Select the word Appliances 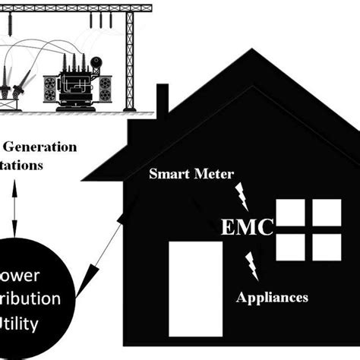click(272, 297)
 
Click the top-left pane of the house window click(289, 214)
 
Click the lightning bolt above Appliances click(250, 267)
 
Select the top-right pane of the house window click(327, 214)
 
